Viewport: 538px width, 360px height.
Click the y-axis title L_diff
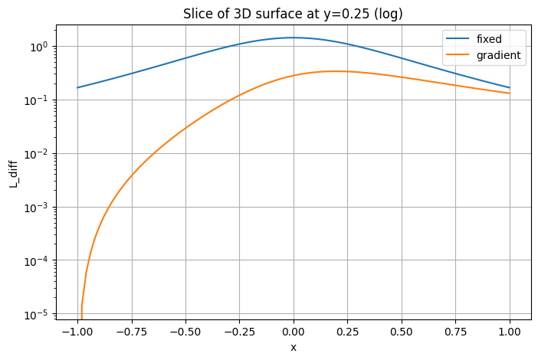[x=13, y=173]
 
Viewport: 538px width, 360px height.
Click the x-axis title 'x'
[x=293, y=347]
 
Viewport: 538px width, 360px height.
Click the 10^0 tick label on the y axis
[x=37, y=47]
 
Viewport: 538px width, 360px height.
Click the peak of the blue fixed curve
[x=293, y=38]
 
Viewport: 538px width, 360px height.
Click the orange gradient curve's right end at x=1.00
[x=509, y=93]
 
